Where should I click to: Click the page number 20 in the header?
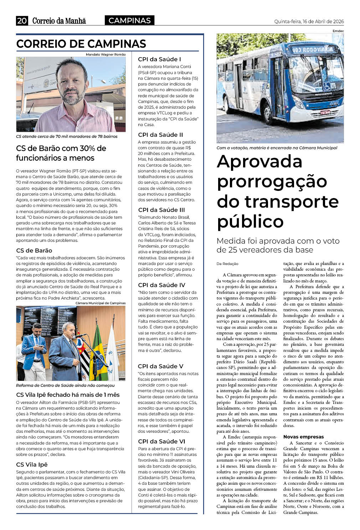pyautogui.click(x=22, y=21)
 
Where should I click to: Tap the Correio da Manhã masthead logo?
pyautogui.click(x=59, y=21)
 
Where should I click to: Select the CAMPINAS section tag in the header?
pyautogui.click(x=129, y=21)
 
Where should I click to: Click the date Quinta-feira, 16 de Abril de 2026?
pyautogui.click(x=309, y=21)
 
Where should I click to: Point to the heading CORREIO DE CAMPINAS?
pyautogui.click(x=81, y=44)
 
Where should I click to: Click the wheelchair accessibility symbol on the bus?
pyautogui.click(x=326, y=86)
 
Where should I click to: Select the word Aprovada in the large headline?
pyautogui.click(x=259, y=161)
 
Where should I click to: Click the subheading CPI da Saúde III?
pyautogui.click(x=161, y=210)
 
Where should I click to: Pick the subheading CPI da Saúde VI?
pyautogui.click(x=161, y=441)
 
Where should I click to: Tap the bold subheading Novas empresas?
pyautogui.click(x=303, y=437)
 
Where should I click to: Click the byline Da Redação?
pyautogui.click(x=227, y=264)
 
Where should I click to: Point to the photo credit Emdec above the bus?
pyautogui.click(x=338, y=31)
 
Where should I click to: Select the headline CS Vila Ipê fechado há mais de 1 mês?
pyautogui.click(x=68, y=395)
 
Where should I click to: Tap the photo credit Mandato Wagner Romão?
pyautogui.click(x=106, y=54)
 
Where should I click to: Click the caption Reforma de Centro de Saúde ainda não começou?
pyautogui.click(x=65, y=385)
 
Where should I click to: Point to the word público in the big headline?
pyautogui.click(x=250, y=222)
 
